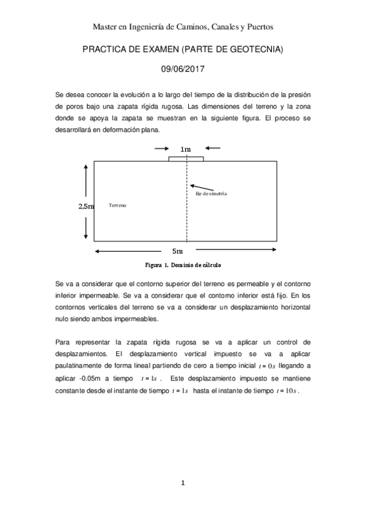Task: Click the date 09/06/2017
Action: (x=183, y=71)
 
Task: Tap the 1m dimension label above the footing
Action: (x=186, y=149)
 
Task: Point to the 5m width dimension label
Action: (x=177, y=251)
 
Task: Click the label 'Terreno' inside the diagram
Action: (x=117, y=205)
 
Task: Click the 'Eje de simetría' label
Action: (x=211, y=193)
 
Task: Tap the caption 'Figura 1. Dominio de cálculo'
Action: (x=183, y=266)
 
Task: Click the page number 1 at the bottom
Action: (x=183, y=483)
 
